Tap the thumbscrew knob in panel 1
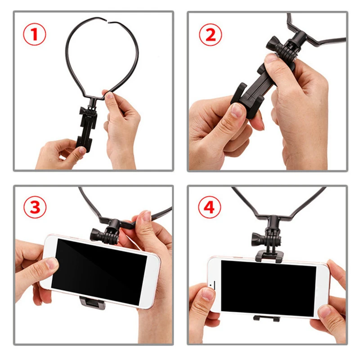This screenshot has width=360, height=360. [x=82, y=112]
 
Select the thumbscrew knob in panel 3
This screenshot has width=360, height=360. [x=96, y=233]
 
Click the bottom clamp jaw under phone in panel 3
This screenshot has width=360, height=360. [x=92, y=302]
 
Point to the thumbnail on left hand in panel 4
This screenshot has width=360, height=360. [x=208, y=294]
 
